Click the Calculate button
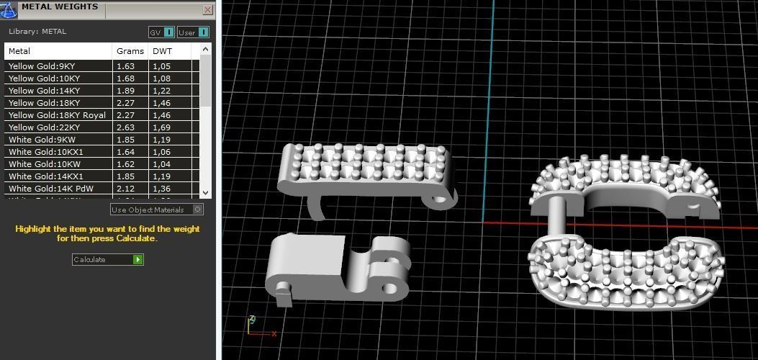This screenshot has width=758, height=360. click(107, 259)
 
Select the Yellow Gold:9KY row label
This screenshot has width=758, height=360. click(42, 66)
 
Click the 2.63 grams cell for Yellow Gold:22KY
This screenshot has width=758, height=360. click(126, 127)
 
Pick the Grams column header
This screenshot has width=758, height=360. click(130, 51)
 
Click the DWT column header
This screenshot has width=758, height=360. click(161, 51)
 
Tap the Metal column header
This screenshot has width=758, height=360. click(19, 51)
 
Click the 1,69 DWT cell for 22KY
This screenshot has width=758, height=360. click(161, 127)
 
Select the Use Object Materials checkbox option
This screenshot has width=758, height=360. click(157, 210)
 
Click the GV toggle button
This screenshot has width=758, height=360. click(161, 32)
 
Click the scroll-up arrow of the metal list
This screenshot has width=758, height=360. click(205, 50)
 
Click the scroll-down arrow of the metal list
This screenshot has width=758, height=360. click(205, 192)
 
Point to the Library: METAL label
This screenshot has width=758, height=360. click(37, 32)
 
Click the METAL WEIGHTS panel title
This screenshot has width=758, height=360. click(60, 7)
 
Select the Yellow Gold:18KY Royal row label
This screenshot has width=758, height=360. click(57, 115)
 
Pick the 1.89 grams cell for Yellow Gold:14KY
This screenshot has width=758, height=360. click(126, 91)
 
